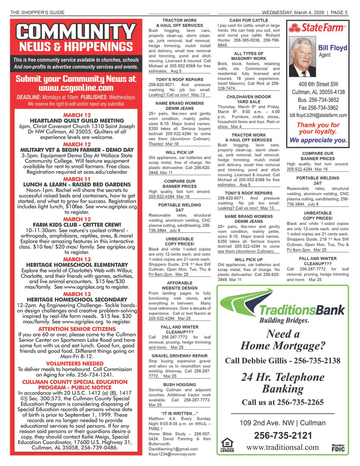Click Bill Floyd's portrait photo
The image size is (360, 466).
click(x=302, y=56)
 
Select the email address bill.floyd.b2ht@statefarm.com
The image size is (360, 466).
click(x=318, y=116)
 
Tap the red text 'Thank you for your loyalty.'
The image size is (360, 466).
click(x=318, y=128)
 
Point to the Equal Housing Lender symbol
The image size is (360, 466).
click(x=227, y=445)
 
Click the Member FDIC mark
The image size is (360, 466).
click(x=338, y=448)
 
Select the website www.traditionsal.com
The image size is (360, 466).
click(x=282, y=447)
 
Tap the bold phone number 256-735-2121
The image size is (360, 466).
click(x=283, y=435)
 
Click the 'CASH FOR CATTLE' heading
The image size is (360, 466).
click(x=249, y=20)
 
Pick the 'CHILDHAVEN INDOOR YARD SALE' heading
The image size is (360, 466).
click(x=249, y=99)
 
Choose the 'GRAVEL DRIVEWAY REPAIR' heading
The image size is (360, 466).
click(x=180, y=356)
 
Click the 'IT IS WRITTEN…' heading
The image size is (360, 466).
click(x=180, y=413)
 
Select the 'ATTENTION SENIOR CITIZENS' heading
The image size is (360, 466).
click(x=77, y=329)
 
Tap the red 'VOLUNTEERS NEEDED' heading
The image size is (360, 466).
click(x=75, y=364)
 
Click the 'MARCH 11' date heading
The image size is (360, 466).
click(x=77, y=179)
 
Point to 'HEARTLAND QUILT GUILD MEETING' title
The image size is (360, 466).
click(x=77, y=121)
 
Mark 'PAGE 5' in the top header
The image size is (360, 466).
click(x=339, y=12)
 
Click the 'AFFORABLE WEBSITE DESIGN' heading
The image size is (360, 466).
click(x=180, y=286)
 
